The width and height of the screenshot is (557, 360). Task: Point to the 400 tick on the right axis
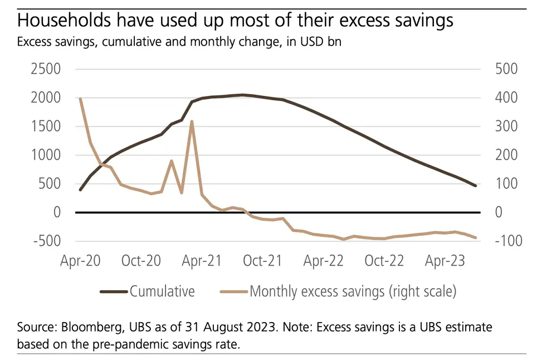[x=505, y=98]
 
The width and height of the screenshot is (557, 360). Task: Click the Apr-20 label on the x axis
[x=81, y=261]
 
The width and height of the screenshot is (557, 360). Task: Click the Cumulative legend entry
[x=162, y=291]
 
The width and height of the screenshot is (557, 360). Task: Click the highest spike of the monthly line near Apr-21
[x=192, y=121]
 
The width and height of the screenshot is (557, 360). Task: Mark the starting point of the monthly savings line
[x=80, y=99]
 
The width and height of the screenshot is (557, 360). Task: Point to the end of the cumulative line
[x=475, y=186]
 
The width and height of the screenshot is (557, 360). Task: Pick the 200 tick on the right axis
[x=505, y=155]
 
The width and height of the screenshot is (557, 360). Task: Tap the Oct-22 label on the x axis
[x=384, y=261]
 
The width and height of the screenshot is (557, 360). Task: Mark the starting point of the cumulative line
[x=80, y=190]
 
